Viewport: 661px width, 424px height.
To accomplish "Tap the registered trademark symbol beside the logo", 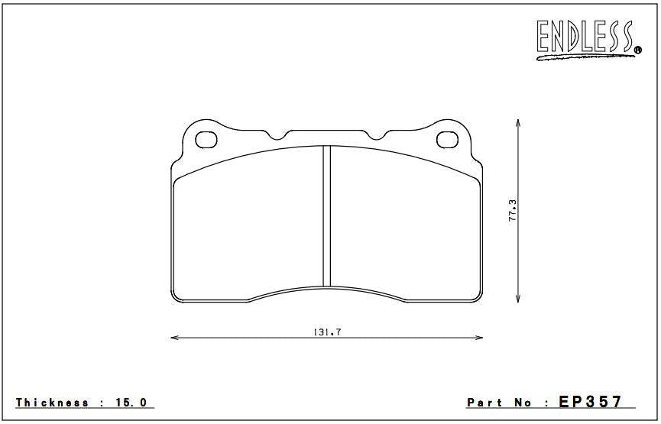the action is (x=638, y=50).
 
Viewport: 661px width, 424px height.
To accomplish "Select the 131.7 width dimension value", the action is (x=327, y=332).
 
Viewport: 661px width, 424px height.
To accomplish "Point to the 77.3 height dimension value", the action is (x=512, y=210).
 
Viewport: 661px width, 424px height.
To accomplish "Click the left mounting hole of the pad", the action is (x=206, y=140).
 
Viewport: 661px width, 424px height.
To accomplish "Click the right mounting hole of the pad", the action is (x=447, y=140).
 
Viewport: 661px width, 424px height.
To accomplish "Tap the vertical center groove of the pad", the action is (x=327, y=216).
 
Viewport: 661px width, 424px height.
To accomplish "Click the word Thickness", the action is (x=52, y=403).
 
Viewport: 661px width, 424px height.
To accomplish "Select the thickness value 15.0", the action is (x=131, y=403).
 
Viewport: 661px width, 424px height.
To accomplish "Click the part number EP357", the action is (x=590, y=402).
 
